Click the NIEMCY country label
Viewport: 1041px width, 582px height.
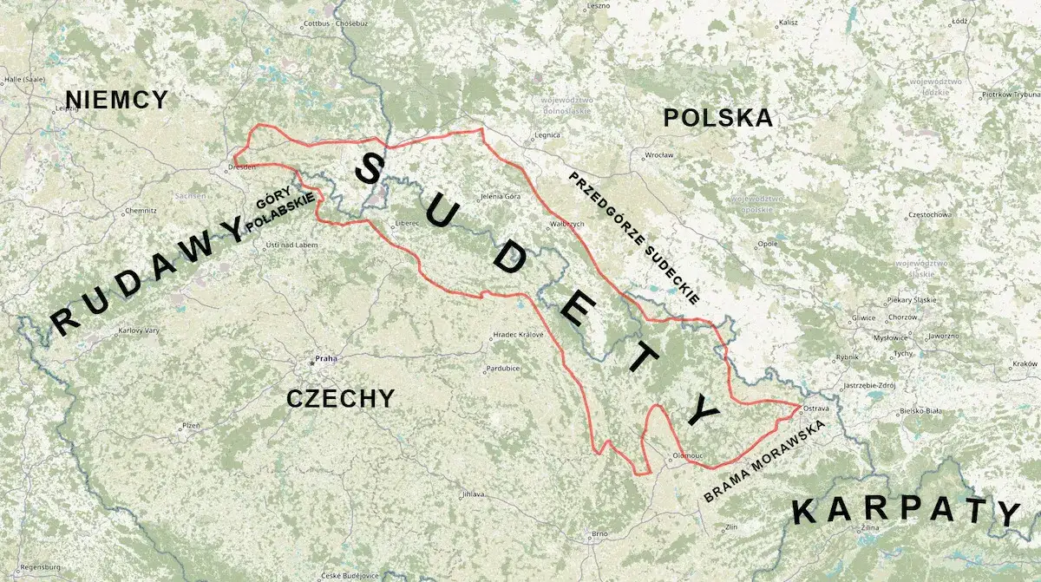[116, 100]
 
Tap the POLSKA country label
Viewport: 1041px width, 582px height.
[717, 118]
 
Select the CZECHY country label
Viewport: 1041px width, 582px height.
[340, 398]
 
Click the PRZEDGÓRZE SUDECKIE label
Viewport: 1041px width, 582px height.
[633, 237]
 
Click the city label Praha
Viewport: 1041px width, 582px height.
[325, 358]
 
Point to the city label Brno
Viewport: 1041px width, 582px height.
[599, 533]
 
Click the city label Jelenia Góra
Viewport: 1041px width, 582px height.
[501, 197]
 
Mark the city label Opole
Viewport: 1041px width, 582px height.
[768, 245]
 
